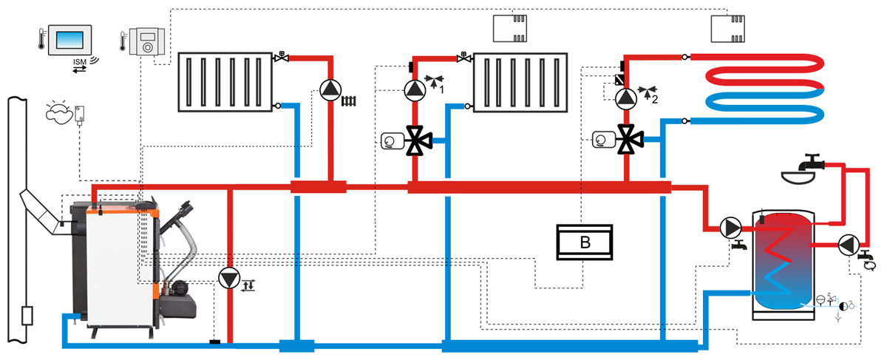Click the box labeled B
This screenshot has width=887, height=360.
[x=585, y=242]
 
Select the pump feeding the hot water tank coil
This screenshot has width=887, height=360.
[x=731, y=226]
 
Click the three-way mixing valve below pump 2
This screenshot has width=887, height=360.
[x=629, y=138]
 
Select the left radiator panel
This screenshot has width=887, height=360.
[x=226, y=81]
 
